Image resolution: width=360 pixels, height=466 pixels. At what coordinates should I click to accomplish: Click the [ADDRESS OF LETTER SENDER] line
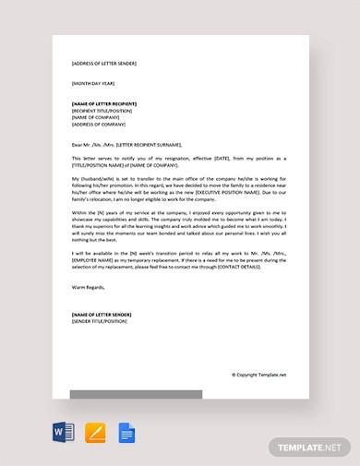[x=103, y=64]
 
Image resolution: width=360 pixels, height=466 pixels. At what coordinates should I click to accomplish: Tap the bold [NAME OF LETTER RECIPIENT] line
[x=106, y=103]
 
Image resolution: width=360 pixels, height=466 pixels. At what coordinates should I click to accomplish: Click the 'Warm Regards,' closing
[x=89, y=287]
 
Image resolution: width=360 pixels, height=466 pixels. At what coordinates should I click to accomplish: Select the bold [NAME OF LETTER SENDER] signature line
[x=102, y=314]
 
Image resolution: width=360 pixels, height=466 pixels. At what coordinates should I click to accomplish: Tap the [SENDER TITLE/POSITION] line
[x=99, y=320]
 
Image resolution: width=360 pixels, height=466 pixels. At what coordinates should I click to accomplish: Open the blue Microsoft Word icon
[x=64, y=432]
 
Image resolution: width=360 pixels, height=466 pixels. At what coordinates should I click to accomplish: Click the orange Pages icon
[x=95, y=432]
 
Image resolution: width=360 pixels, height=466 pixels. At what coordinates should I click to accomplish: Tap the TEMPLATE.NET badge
[x=309, y=447]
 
